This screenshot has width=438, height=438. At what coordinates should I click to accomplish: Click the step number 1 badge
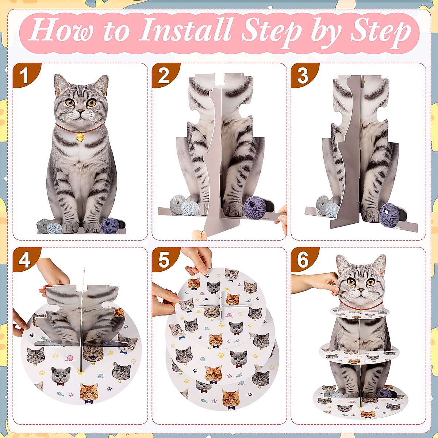pos(24,76)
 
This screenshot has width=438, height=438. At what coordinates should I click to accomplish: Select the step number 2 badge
pos(164,76)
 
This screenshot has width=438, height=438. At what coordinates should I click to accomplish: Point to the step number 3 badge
pos(303,76)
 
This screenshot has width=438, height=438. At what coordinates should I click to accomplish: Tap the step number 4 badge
pos(24,260)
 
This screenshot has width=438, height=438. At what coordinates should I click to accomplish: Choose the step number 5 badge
pos(164,260)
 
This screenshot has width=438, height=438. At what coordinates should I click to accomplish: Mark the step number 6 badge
pos(303,260)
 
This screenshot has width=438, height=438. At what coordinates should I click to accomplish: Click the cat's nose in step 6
pos(360,290)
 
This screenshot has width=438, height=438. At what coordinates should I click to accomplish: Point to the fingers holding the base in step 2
pos(282,219)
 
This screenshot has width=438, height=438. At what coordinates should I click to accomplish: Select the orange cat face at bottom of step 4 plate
pos(89,392)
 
